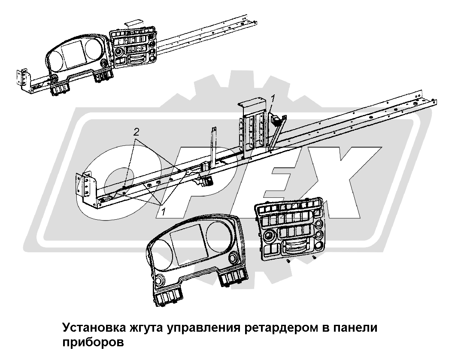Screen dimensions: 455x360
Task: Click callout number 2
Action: (x=136, y=133)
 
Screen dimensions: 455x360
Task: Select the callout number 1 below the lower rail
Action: (x=164, y=212)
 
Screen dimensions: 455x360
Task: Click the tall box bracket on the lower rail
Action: (x=252, y=127)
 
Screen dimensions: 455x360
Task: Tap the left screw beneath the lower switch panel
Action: (x=288, y=261)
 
